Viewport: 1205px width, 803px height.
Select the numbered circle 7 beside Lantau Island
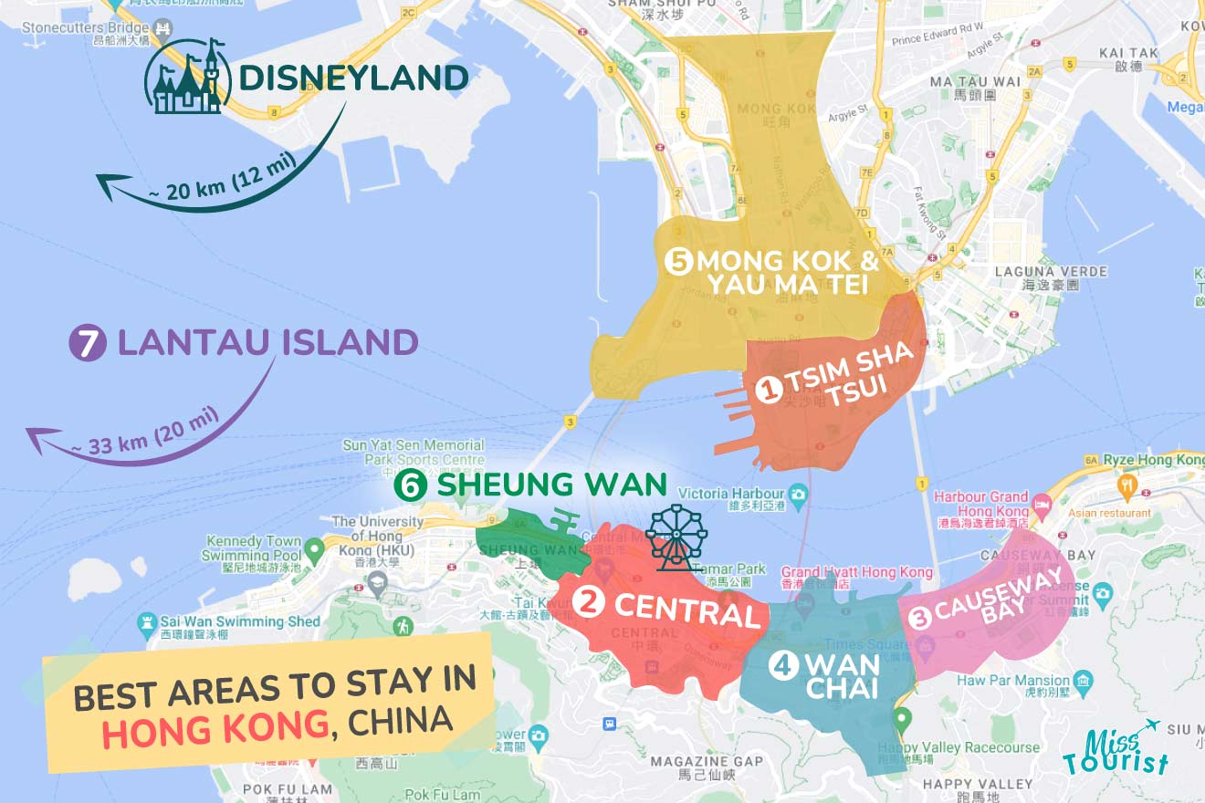coord(85,343)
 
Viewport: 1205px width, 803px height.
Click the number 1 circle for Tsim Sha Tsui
coord(769,391)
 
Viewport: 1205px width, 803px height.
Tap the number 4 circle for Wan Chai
coord(782,665)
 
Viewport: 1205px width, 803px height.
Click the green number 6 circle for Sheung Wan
coord(410,485)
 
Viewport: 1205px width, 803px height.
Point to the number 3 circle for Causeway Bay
coord(919,618)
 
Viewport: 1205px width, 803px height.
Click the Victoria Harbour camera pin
coord(799,495)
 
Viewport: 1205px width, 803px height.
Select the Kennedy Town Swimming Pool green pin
coord(314,550)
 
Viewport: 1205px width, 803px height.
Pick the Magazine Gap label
coord(707,761)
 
